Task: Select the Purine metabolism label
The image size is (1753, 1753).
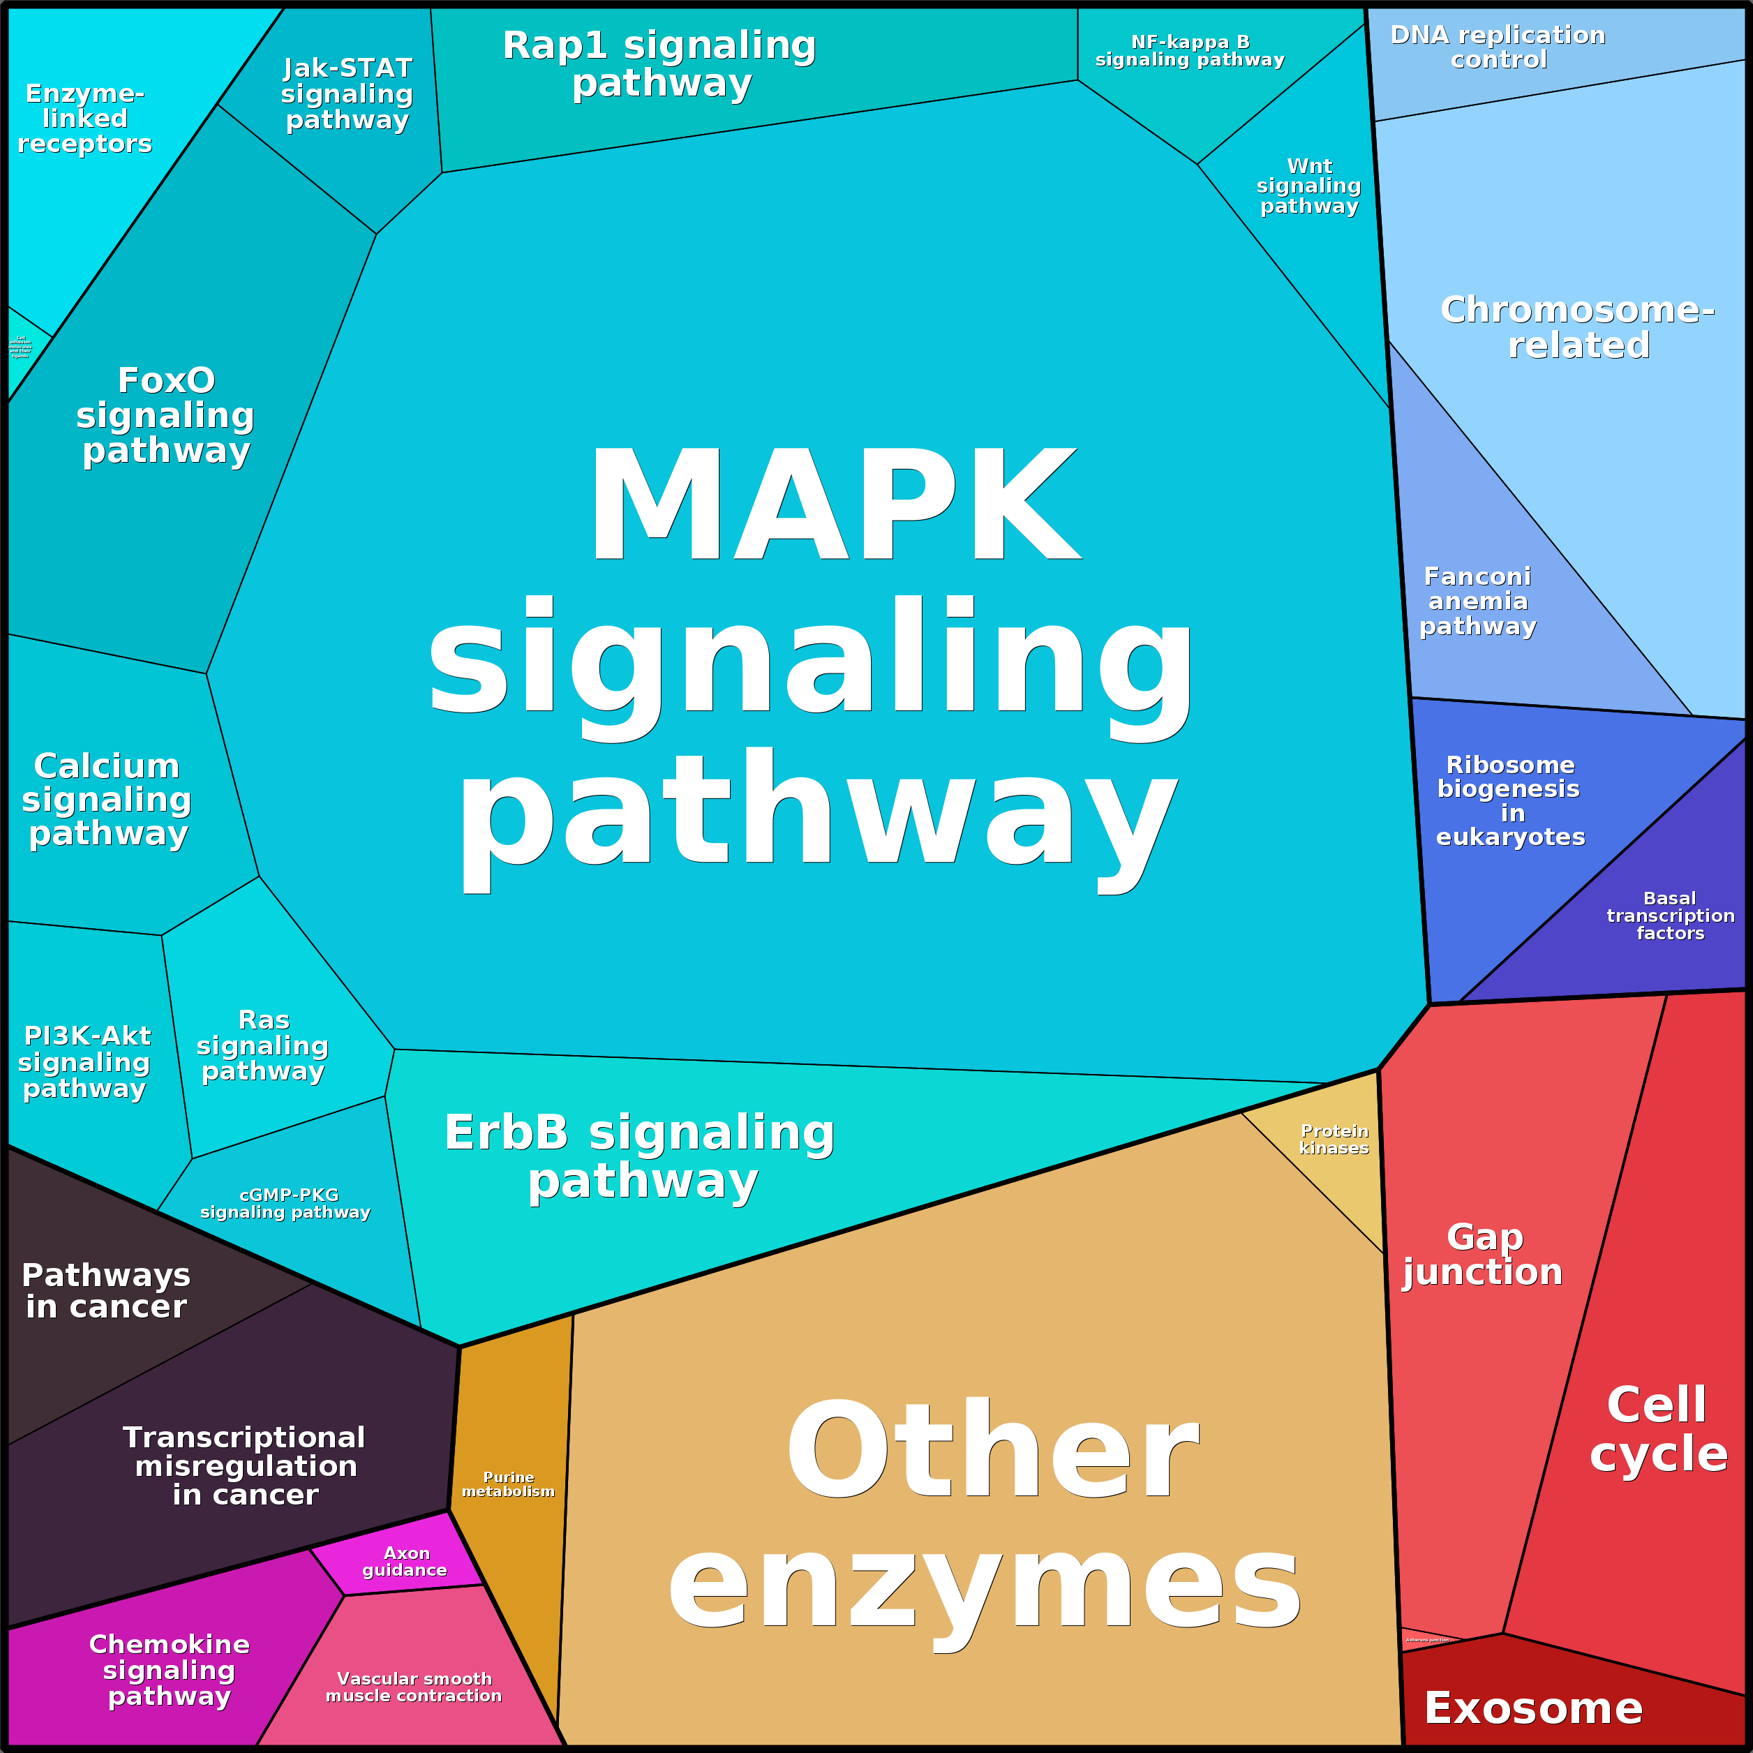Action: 508,1484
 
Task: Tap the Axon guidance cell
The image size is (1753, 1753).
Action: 405,1562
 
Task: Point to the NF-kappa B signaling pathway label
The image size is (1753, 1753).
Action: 1190,51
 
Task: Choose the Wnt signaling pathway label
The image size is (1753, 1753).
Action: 1308,186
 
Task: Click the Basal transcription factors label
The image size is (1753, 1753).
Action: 1669,916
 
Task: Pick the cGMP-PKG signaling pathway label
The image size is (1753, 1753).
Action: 286,1203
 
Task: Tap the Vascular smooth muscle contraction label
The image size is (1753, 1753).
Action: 414,1687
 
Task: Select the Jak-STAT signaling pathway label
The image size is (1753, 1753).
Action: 347,94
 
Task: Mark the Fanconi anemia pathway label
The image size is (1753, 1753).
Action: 1477,601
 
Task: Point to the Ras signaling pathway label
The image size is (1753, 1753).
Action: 263,1045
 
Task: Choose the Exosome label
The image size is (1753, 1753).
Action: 1533,1708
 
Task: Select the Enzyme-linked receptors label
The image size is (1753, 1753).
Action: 84,118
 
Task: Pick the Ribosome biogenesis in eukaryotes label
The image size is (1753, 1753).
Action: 1510,800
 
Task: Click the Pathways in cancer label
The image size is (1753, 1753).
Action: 106,1290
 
